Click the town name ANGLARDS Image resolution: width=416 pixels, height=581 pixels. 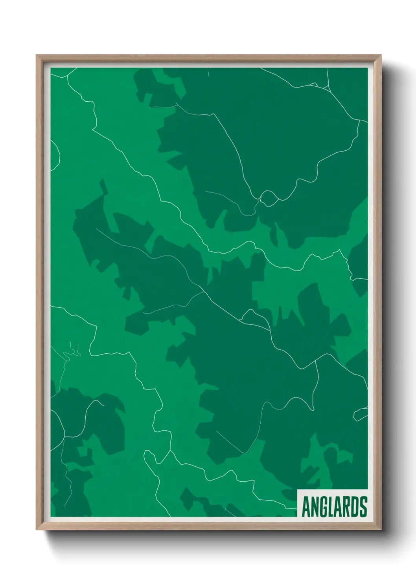coord(334,507)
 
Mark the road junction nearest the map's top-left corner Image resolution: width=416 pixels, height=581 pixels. coord(67,76)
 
